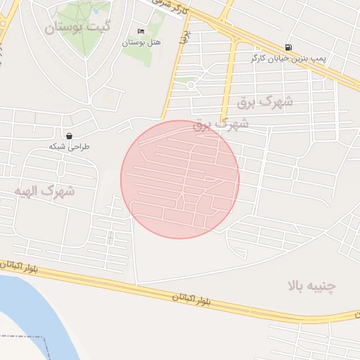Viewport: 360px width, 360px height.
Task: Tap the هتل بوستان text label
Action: click(141, 42)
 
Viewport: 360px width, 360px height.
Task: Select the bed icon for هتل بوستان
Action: click(141, 32)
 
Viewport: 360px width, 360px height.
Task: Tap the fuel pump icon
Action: click(289, 47)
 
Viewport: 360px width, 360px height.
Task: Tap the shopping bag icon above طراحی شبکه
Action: click(70, 136)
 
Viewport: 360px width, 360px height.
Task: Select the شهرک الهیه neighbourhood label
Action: click(44, 191)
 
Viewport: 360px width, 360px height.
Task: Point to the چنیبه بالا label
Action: click(312, 285)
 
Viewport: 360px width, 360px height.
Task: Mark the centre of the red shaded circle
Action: click(180, 179)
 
